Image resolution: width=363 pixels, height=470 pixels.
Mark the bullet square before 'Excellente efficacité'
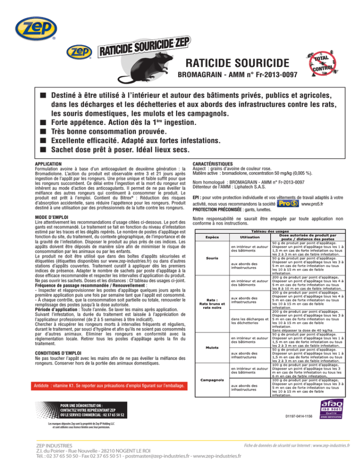click(x=43, y=140)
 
